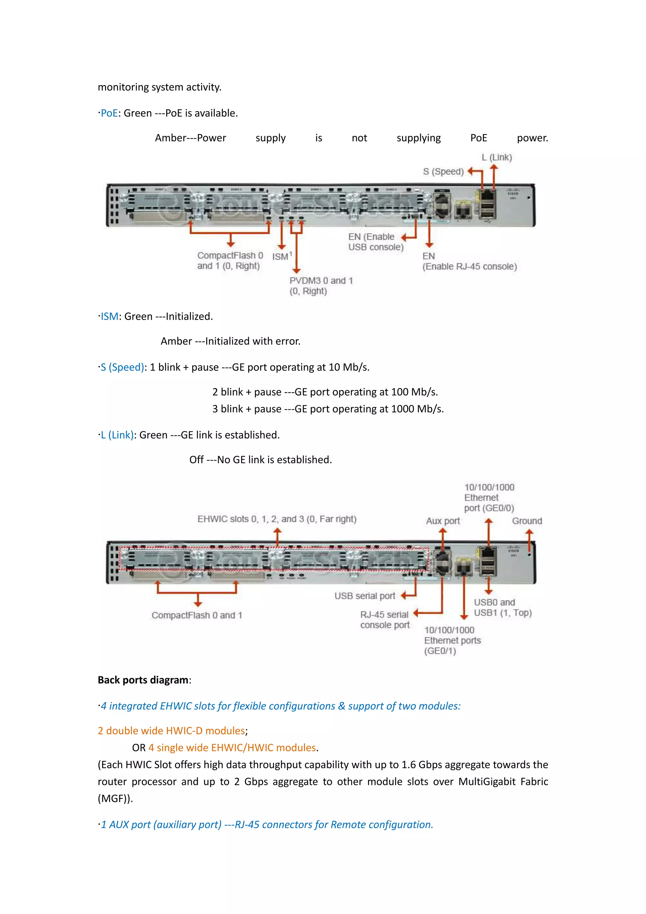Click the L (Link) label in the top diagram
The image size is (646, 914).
click(x=496, y=157)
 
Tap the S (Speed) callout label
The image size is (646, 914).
click(x=443, y=172)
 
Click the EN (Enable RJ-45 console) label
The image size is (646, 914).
click(x=469, y=262)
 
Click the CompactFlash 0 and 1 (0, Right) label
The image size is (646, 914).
click(x=230, y=261)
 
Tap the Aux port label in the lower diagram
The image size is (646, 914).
click(x=443, y=521)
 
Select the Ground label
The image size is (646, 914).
click(x=527, y=521)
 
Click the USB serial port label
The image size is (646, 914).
click(x=364, y=596)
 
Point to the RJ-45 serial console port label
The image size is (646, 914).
click(x=384, y=620)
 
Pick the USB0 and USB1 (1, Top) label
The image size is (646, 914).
click(x=502, y=608)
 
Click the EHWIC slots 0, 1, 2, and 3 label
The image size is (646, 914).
click(x=277, y=519)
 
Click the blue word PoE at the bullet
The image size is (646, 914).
click(x=109, y=113)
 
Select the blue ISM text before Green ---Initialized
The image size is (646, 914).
click(x=109, y=317)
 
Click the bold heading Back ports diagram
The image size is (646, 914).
click(x=143, y=680)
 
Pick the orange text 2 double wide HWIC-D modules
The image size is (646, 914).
click(x=172, y=731)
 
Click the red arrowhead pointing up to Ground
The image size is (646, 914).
click(x=529, y=532)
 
